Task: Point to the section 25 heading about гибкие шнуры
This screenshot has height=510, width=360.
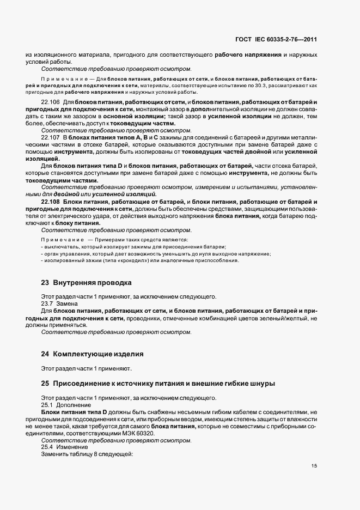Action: pyautogui.click(x=158, y=384)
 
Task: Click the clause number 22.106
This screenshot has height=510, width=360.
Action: pyautogui.click(x=51, y=102)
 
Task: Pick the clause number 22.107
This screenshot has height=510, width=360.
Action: pyautogui.click(x=51, y=144)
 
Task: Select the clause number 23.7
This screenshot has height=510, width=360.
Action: pyautogui.click(x=47, y=303)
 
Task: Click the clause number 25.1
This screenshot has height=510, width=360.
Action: pyautogui.click(x=47, y=405)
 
